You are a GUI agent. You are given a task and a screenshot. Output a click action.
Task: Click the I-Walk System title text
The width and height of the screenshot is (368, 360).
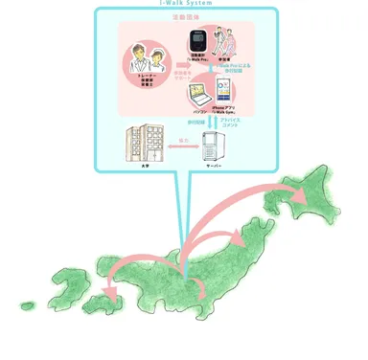click(186, 3)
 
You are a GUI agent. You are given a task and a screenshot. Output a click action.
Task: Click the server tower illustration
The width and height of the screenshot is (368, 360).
click(214, 148)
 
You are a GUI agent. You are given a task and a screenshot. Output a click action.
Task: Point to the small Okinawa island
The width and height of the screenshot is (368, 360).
click(27, 306)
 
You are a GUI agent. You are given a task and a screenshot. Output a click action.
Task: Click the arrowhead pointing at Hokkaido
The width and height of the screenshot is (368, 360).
click(300, 197)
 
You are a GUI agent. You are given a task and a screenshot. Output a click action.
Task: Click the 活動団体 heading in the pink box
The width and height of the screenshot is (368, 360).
click(185, 16)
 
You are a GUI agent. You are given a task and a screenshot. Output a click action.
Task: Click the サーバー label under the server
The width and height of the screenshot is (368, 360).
click(214, 169)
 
